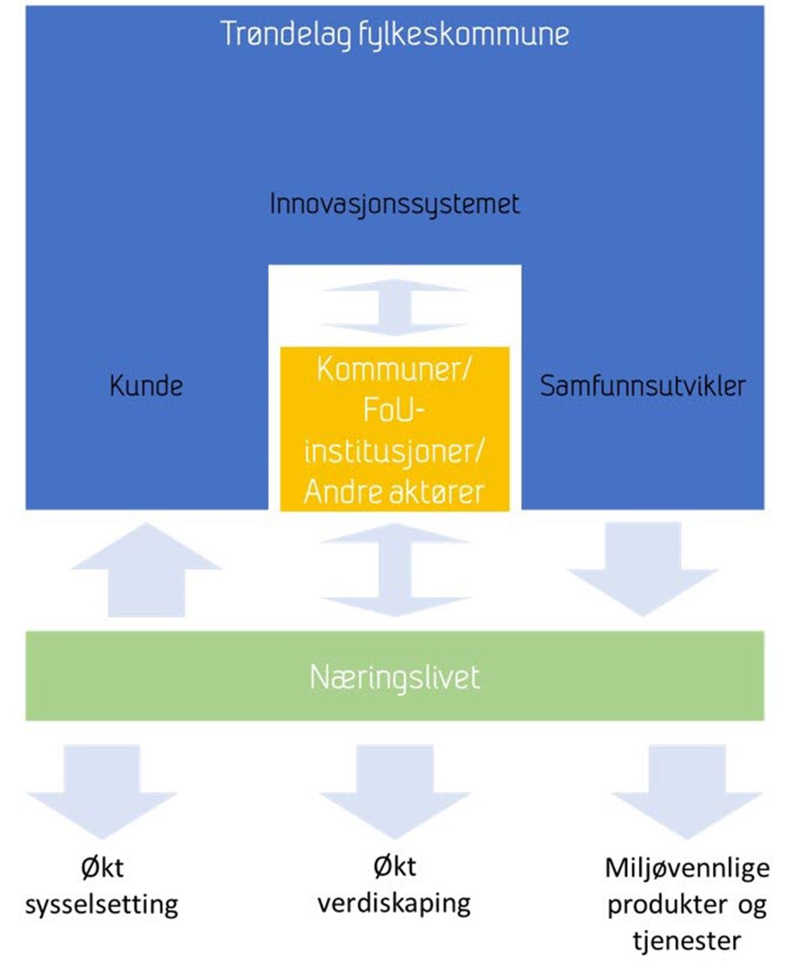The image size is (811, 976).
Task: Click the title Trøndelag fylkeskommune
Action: coord(394,35)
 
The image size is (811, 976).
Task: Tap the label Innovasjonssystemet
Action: coord(394,204)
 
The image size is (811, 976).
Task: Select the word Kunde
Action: coord(146,386)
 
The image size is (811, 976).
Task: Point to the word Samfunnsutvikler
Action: coord(643,386)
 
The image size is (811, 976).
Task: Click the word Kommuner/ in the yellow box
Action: coord(394,368)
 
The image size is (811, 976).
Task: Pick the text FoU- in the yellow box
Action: coord(394,410)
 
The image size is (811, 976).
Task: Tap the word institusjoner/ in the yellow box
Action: coord(394,451)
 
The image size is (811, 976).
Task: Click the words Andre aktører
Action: coord(394,492)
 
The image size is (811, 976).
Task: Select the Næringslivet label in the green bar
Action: coord(394,677)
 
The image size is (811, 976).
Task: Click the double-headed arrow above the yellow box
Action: coord(395,307)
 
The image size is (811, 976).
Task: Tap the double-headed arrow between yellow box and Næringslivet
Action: coord(395,570)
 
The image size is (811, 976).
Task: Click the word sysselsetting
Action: coord(102,904)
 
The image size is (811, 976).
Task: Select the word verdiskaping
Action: coord(394,902)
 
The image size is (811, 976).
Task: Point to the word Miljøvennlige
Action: coord(687,868)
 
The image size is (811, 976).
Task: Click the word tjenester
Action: coord(687,940)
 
